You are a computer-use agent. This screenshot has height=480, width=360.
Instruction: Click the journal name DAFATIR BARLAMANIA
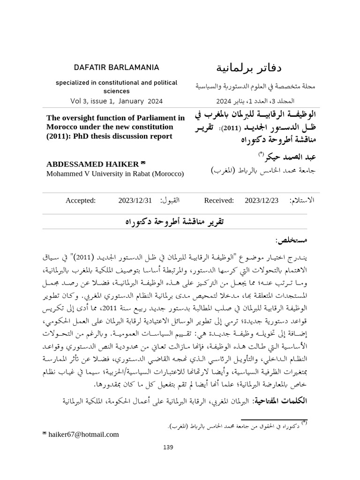coord(116,67)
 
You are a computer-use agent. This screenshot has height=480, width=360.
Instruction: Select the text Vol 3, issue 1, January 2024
coord(116,100)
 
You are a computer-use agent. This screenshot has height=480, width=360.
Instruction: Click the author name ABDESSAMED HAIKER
coord(92,164)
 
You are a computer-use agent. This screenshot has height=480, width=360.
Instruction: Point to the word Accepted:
coord(81,201)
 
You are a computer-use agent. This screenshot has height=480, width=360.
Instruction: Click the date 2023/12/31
coord(135,201)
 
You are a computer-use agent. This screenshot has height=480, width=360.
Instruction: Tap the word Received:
coord(219,201)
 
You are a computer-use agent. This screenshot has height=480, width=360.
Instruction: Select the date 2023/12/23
coord(262,201)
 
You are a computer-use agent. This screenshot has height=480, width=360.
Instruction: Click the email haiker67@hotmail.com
coord(83,435)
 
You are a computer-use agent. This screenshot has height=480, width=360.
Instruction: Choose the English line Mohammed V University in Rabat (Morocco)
coord(115,173)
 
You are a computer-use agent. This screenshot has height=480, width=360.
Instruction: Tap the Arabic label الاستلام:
coord(303,201)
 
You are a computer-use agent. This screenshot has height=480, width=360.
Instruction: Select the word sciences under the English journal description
coord(116,91)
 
